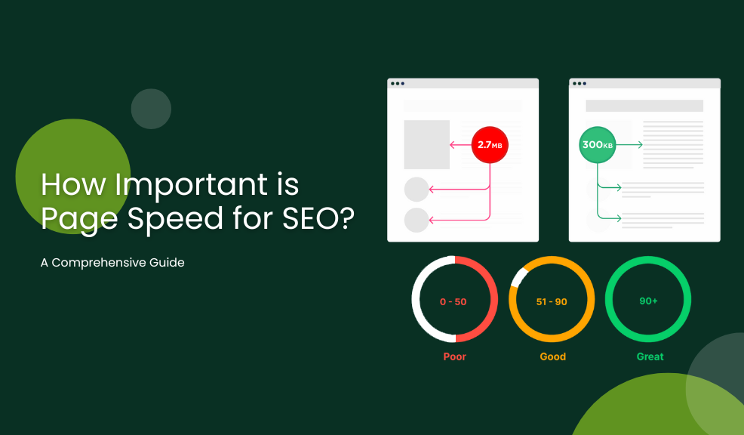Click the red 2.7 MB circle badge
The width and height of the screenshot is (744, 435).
(490, 145)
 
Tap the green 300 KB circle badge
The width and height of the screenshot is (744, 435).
(598, 145)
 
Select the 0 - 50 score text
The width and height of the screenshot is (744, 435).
(453, 301)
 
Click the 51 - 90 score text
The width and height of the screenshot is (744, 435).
(552, 301)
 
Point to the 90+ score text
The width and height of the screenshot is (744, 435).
(648, 301)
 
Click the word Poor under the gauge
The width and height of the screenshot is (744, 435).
(454, 356)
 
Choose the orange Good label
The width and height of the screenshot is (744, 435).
(553, 356)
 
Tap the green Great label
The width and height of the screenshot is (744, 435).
(650, 356)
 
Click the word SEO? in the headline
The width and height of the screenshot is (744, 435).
(318, 218)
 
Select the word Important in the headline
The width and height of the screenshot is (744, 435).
(192, 185)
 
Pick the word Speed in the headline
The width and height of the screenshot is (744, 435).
(175, 219)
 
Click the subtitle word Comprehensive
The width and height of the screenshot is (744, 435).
(99, 263)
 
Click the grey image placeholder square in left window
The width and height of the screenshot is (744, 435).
(426, 144)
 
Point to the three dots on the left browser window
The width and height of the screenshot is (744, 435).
(397, 84)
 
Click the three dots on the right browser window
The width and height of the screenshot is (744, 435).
(580, 84)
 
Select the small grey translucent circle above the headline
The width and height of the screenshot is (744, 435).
(151, 109)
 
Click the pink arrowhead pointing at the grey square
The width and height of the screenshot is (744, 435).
(453, 145)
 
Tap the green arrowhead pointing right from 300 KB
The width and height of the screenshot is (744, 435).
(640, 145)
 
